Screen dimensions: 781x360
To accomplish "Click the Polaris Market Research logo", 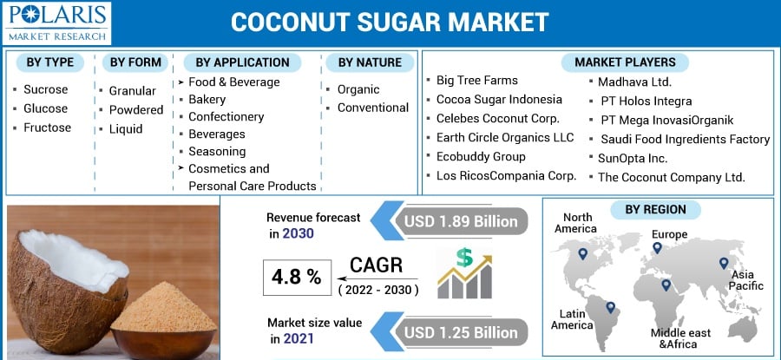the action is pyautogui.click(x=56, y=23).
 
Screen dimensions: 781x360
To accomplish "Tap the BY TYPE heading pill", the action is pyautogui.click(x=49, y=62).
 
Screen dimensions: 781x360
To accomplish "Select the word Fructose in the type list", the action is pyautogui.click(x=48, y=128).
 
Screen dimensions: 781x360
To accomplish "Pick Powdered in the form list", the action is pyautogui.click(x=136, y=110).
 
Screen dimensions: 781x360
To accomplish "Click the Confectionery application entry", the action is pyautogui.click(x=226, y=116).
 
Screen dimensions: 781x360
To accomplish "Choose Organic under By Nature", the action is pyautogui.click(x=358, y=89).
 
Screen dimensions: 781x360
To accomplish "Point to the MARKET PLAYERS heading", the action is pyautogui.click(x=625, y=62).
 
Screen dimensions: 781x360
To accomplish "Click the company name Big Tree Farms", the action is pyautogui.click(x=476, y=80).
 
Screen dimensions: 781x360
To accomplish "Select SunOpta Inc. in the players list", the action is pyautogui.click(x=633, y=159).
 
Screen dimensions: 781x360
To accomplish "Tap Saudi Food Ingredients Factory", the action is pyautogui.click(x=685, y=139).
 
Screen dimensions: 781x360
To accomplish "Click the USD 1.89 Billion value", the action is pyautogui.click(x=461, y=221).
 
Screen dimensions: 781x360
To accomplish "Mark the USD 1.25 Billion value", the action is pyautogui.click(x=461, y=332).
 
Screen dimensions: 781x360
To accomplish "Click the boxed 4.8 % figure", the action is pyautogui.click(x=297, y=278).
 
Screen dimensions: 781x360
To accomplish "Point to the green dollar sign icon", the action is pyautogui.click(x=464, y=258).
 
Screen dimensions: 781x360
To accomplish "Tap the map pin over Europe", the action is pyautogui.click(x=657, y=247).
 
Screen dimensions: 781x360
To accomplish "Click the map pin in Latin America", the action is pyautogui.click(x=610, y=307).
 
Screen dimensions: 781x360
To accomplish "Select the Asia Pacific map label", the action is pyautogui.click(x=746, y=280).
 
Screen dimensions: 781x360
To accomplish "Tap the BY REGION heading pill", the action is pyautogui.click(x=655, y=210).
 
